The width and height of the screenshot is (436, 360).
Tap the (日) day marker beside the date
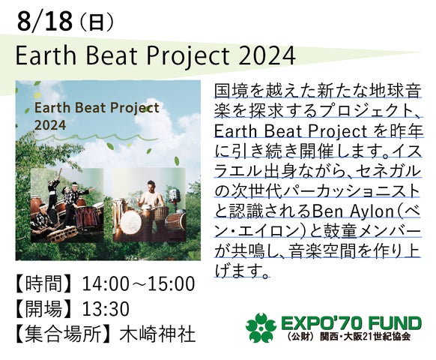pyautogui.click(x=97, y=22)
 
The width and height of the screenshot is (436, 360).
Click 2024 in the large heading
pyautogui.click(x=267, y=55)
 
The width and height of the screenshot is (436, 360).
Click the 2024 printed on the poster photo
pyautogui.click(x=50, y=125)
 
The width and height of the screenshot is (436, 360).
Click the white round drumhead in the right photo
pyautogui.click(x=131, y=222)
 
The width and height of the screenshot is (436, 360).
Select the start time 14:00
pyautogui.click(x=106, y=284)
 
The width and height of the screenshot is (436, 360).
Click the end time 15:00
pyautogui.click(x=171, y=284)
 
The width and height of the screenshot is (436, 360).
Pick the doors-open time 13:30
pyautogui.click(x=106, y=309)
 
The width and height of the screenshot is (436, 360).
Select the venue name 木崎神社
pyautogui.click(x=157, y=334)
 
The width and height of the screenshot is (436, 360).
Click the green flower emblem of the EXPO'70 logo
pyautogui.click(x=261, y=328)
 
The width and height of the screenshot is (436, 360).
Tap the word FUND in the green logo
pyautogui.click(x=394, y=323)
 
